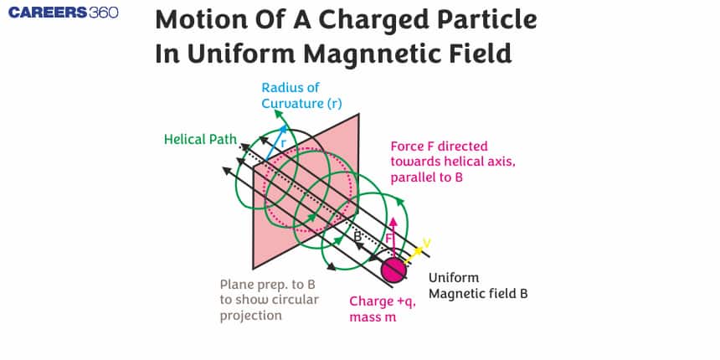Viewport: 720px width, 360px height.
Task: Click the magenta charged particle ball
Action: [393, 269]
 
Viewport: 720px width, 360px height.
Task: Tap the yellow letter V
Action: [427, 244]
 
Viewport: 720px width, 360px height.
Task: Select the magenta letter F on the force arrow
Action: [388, 239]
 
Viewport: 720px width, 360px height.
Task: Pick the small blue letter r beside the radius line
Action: [282, 143]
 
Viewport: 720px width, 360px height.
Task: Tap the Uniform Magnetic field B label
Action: [477, 285]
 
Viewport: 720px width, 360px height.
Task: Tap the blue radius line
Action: [273, 144]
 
